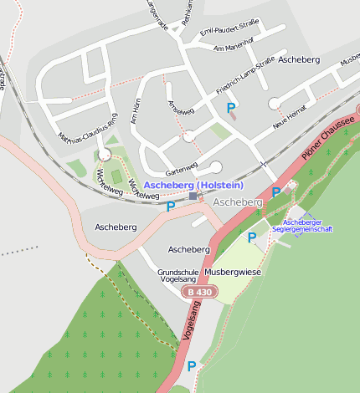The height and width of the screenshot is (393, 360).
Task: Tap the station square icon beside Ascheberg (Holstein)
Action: pos(193,196)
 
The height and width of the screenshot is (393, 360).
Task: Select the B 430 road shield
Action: pos(200,292)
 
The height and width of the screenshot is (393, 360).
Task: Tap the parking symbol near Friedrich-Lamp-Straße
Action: pos(231,108)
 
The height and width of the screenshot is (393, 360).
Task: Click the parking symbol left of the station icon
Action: pos(171,207)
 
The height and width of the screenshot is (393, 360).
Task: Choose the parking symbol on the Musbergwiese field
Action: pos(252,237)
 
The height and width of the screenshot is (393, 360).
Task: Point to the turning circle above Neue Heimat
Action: pos(274,103)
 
